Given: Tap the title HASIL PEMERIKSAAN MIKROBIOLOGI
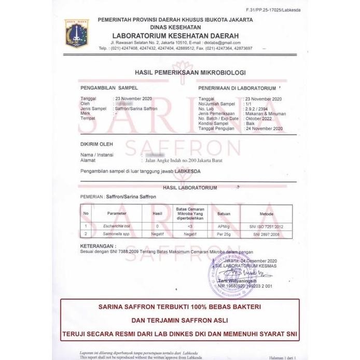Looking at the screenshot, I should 190,73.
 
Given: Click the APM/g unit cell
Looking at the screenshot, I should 224,227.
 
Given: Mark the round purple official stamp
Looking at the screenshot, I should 224,272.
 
